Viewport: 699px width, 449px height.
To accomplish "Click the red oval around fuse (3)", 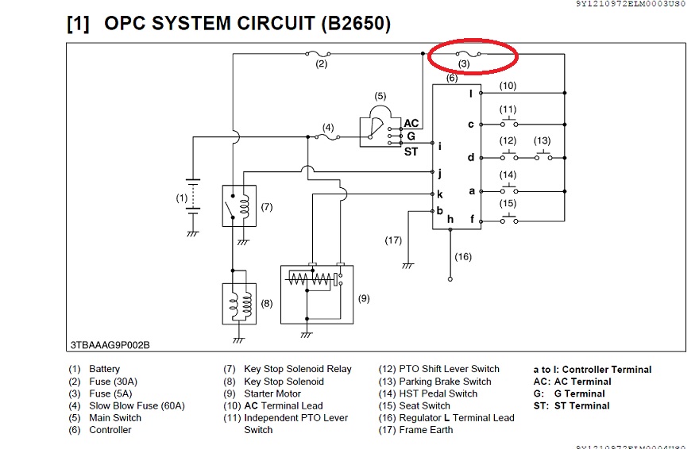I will coord(473,55).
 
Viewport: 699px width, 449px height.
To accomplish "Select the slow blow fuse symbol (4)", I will coord(327,136).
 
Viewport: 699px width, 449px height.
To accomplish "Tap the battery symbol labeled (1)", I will coord(191,198).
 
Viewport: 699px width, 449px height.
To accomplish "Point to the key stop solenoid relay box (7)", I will coord(239,205).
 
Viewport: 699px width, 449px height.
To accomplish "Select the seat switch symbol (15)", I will coord(508,220).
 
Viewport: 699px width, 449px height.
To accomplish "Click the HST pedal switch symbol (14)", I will coord(508,190).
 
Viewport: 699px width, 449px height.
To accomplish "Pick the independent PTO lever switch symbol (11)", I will coord(508,124).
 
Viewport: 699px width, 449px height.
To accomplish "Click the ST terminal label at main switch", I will coord(411,152).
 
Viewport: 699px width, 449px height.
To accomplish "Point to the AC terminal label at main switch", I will coord(411,123).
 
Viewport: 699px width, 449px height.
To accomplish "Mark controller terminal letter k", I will coord(439,194).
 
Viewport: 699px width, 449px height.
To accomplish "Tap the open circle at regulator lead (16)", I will coord(450,279).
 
